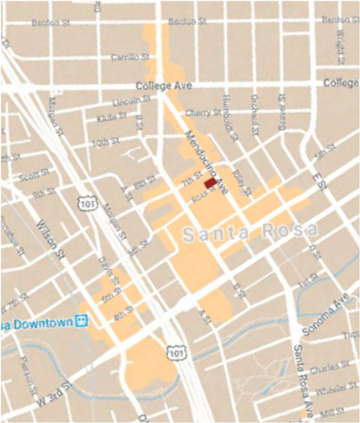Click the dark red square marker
coord(210,184)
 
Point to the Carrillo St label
coord(130,57)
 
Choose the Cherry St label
coord(203,113)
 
